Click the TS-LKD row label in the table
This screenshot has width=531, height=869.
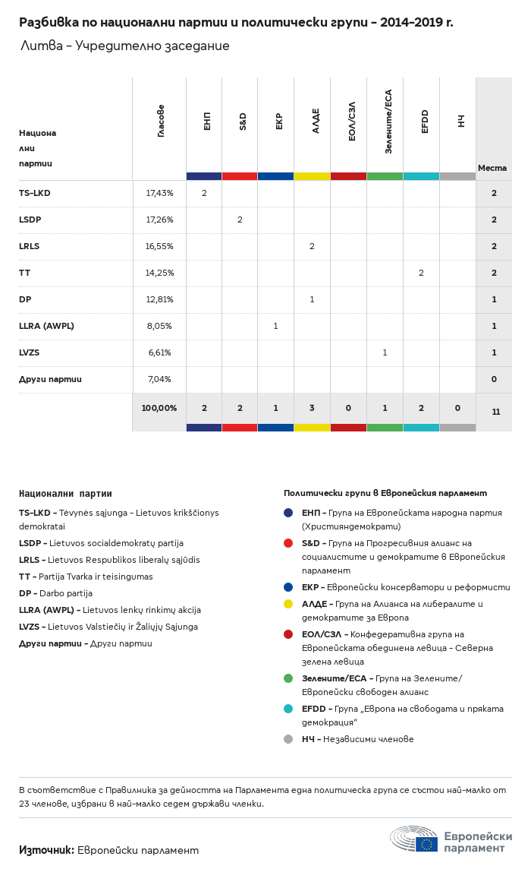[35, 194]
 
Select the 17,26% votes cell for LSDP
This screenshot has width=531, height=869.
[159, 220]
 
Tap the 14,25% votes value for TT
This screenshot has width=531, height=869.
[159, 273]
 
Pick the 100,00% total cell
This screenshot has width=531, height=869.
[159, 408]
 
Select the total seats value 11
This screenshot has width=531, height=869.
[495, 412]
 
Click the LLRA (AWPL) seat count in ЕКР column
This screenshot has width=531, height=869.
[276, 326]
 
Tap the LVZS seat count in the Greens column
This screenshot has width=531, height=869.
[385, 352]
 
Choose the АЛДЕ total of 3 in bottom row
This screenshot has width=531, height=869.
[313, 408]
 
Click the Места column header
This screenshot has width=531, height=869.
[492, 168]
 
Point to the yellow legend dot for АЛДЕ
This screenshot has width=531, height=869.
[288, 604]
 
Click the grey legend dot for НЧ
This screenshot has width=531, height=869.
[288, 739]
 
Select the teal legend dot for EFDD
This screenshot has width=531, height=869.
[288, 709]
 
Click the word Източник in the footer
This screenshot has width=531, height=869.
[46, 850]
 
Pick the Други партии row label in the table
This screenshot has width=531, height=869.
[50, 379]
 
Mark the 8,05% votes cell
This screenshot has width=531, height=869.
[159, 326]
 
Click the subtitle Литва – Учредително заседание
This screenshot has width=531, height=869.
[125, 46]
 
